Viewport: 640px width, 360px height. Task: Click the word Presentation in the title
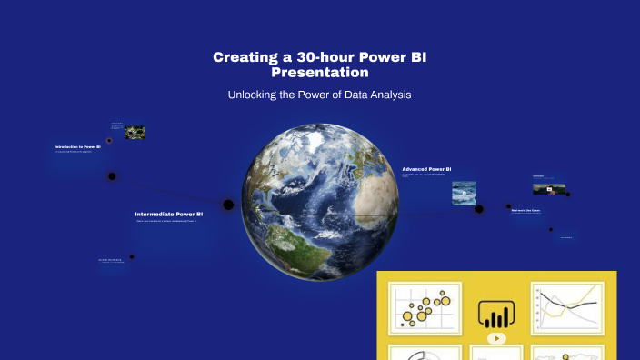click(320, 72)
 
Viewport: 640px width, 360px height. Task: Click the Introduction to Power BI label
click(77, 146)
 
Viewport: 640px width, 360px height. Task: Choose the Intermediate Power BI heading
click(169, 214)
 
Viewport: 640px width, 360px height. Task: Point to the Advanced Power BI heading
click(426, 169)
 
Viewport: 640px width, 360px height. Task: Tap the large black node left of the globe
click(228, 205)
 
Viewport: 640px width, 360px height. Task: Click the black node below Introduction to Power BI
click(112, 176)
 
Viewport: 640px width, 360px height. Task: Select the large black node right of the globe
click(479, 208)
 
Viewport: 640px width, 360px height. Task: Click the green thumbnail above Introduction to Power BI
click(135, 133)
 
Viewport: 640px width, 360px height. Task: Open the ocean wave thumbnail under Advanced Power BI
click(464, 193)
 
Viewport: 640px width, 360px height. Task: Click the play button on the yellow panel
click(495, 338)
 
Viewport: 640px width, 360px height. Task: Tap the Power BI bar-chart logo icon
click(495, 315)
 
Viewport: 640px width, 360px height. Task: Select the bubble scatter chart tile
click(425, 307)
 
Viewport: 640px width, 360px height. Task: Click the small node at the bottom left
click(132, 256)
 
